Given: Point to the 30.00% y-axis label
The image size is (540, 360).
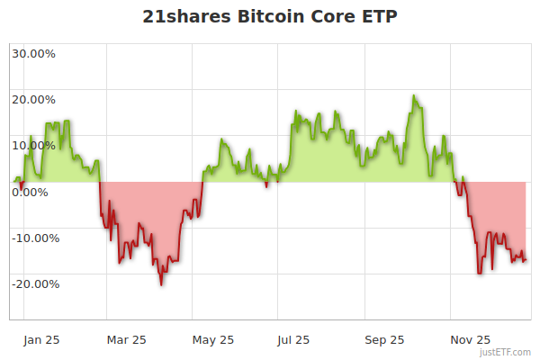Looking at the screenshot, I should (x=33, y=53).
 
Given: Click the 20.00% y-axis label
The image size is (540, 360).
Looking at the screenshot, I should (x=33, y=99).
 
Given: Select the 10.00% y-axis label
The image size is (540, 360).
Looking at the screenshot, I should (x=33, y=145).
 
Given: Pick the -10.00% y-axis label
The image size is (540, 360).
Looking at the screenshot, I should (x=35, y=238).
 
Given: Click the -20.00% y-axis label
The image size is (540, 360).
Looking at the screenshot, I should (x=35, y=283).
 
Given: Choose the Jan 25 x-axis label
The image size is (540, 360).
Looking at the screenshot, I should (x=41, y=339).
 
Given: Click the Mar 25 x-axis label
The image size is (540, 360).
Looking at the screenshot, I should (x=126, y=339).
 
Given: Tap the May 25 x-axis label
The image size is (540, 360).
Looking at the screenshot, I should (x=213, y=339).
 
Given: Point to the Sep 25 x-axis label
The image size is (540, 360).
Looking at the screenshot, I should (x=384, y=339).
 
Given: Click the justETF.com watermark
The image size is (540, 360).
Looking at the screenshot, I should (x=507, y=352).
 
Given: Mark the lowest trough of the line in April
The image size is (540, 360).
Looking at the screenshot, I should (x=161, y=285).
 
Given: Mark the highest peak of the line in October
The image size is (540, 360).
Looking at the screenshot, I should (x=413, y=95).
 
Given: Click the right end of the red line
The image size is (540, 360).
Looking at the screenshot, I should (x=526, y=261).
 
